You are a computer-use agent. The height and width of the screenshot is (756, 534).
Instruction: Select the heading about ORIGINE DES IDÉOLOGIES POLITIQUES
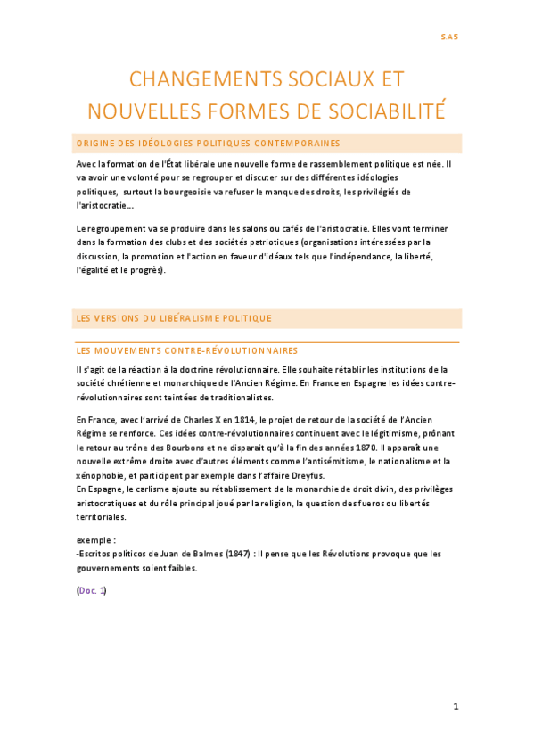[x=208, y=143]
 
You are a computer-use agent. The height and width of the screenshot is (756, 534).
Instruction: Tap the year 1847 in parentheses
[x=230, y=554]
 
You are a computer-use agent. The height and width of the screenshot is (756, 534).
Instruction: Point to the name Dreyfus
[x=308, y=475]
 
